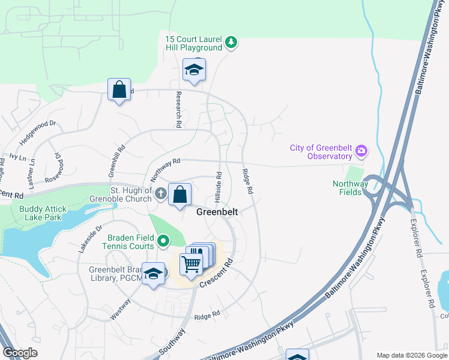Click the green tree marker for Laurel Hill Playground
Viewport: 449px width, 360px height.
tap(231, 43)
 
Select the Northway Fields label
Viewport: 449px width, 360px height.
tap(348, 188)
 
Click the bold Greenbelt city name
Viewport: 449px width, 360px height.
tap(217, 212)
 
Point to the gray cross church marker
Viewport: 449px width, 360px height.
tap(160, 194)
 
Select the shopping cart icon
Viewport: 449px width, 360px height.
tap(191, 263)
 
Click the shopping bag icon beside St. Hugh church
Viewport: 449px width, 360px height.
tap(179, 195)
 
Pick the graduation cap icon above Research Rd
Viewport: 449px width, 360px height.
tap(194, 70)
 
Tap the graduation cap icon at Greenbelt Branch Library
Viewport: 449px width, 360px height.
tap(154, 274)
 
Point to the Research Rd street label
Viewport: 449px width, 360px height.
tap(178, 109)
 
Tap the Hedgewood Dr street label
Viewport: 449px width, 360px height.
tap(37, 132)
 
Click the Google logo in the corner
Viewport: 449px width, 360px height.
tap(20, 353)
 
